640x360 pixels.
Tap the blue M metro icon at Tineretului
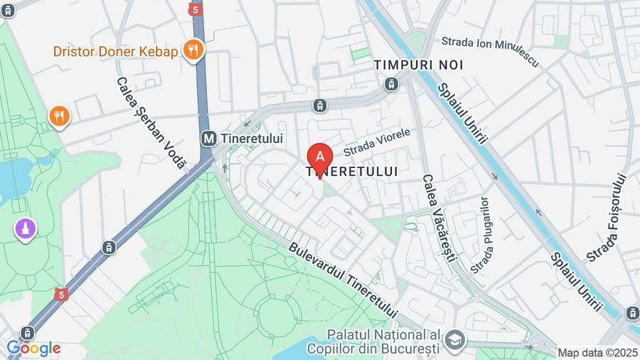pyautogui.click(x=209, y=139)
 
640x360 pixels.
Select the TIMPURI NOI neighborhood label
pyautogui.click(x=419, y=65)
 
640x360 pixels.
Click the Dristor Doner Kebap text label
pyautogui.click(x=114, y=51)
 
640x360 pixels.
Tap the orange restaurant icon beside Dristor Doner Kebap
pyautogui.click(x=193, y=50)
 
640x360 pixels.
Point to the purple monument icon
pyautogui.click(x=26, y=229)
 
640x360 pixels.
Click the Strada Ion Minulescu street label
pyautogui.click(x=491, y=52)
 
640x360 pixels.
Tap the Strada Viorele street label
pyautogui.click(x=377, y=142)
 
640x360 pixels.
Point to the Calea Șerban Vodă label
pyautogui.click(x=150, y=123)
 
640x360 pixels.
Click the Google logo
pyautogui.click(x=33, y=349)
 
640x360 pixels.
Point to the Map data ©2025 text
pyautogui.click(x=597, y=353)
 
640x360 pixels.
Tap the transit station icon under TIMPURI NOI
pyautogui.click(x=391, y=84)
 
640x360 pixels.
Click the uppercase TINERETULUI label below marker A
pyautogui.click(x=351, y=171)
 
